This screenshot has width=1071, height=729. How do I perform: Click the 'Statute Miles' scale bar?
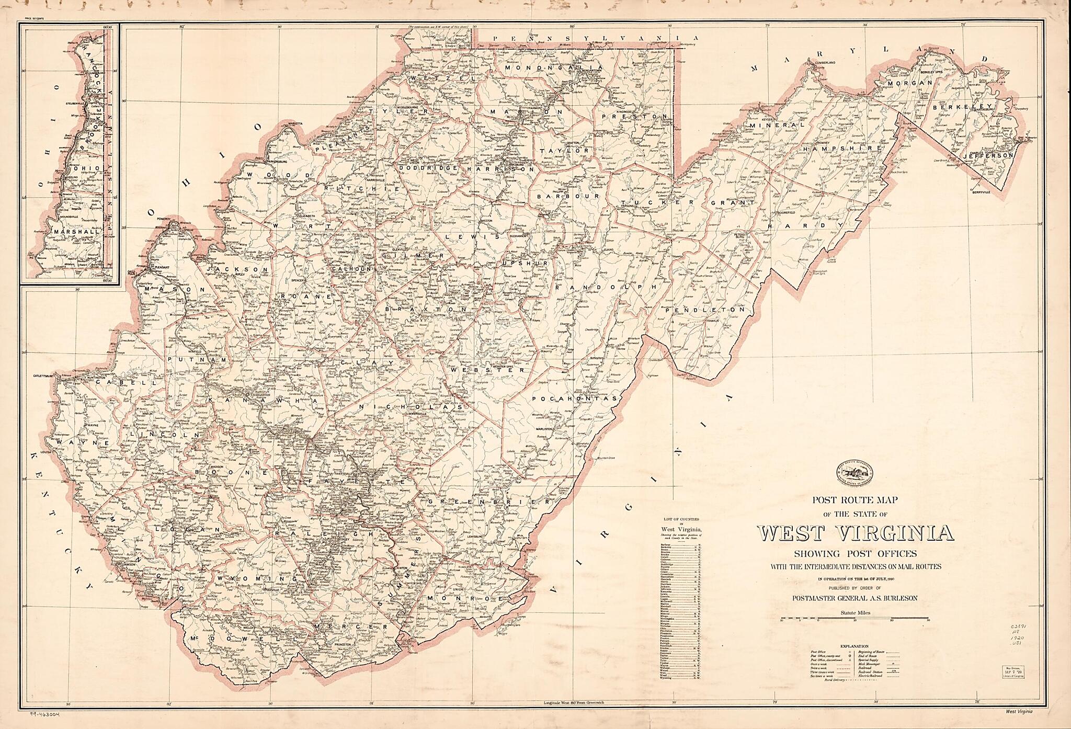tap(854, 619)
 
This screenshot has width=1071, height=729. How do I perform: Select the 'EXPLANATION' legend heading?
tap(854, 646)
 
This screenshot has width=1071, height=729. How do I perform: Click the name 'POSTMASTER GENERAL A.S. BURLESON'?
tap(854, 598)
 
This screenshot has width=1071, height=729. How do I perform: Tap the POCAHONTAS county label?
tap(575, 398)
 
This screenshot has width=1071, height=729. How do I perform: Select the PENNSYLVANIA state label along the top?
tap(588, 38)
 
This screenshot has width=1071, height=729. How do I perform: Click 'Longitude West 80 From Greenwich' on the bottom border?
tap(573, 702)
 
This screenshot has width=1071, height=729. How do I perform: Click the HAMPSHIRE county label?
tap(842, 149)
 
